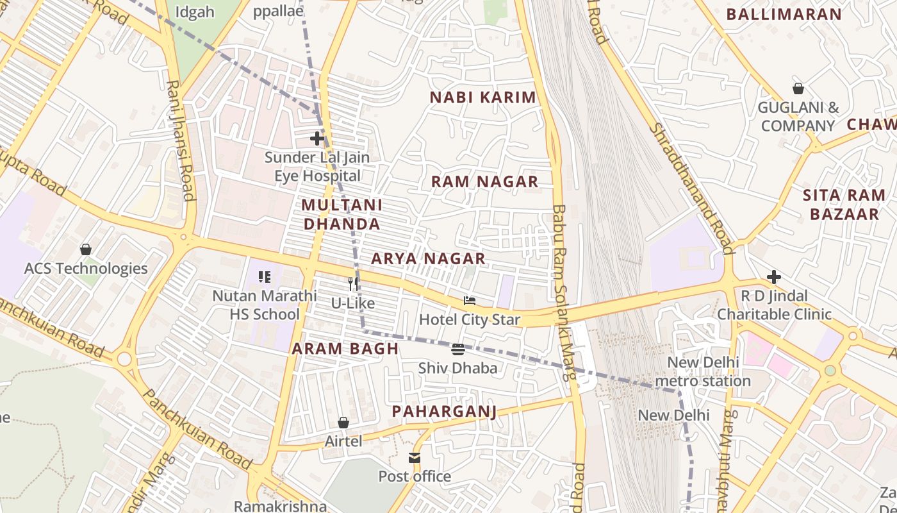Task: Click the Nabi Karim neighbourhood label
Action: pos(482,97)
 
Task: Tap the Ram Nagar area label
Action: pos(484,181)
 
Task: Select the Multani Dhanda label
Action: pos(342,214)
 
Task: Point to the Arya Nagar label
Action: pos(428,258)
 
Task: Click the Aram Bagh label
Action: pos(345,349)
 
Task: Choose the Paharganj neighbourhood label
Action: pos(444,410)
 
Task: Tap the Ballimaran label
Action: pos(793,14)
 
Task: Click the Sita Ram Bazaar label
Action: pos(844,205)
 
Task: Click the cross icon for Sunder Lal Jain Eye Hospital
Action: pos(317,138)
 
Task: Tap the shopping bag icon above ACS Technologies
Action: pos(86,249)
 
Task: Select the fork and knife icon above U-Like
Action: pos(353,283)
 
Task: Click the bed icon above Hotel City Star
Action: pos(470,300)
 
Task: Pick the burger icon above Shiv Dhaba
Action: pos(458,349)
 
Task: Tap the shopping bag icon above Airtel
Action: pos(343,422)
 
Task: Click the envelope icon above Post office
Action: pos(415,458)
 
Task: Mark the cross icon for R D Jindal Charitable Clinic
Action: pos(774,277)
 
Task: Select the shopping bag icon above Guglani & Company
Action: pos(798,88)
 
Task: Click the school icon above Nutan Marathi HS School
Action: pos(265,277)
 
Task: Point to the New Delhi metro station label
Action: pos(709,371)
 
